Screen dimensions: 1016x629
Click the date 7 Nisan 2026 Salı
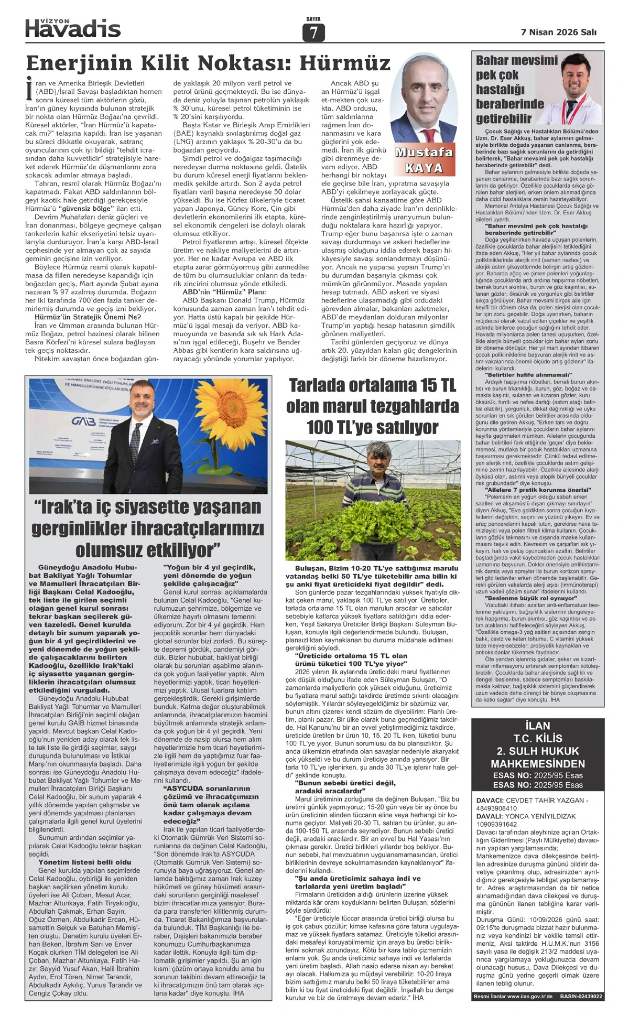point(558,32)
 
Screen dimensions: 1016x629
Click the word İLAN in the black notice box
point(538,726)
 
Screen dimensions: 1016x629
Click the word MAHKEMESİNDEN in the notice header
point(538,763)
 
